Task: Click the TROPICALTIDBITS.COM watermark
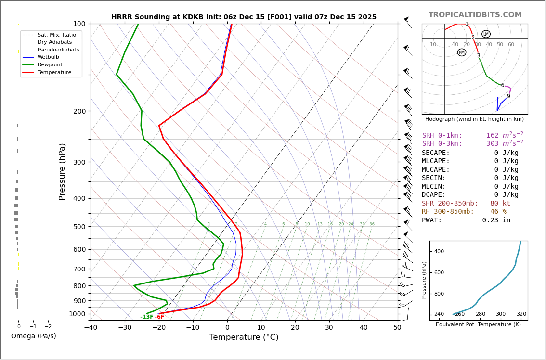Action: [x=475, y=15]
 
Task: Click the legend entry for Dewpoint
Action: [x=50, y=65]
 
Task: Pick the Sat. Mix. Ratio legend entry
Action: [x=56, y=35]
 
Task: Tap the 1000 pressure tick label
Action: [x=77, y=314]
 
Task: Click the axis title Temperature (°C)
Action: [x=244, y=338]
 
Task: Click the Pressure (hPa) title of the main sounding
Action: [x=62, y=172]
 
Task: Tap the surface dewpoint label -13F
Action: [x=146, y=317]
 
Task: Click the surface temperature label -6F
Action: [x=159, y=317]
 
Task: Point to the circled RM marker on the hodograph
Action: [x=462, y=52]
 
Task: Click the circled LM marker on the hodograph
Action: [x=486, y=34]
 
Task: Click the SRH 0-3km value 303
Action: [x=492, y=144]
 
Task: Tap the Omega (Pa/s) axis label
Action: [x=34, y=336]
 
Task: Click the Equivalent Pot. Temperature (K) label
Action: [x=479, y=325]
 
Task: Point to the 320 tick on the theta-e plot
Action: [x=521, y=314]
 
